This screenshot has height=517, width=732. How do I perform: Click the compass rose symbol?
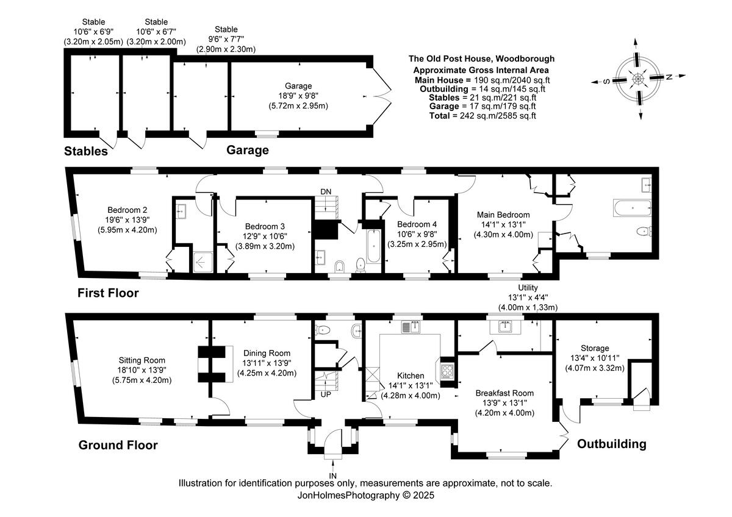[x=638, y=79]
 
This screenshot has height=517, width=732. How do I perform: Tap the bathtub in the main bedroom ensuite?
[x=630, y=208]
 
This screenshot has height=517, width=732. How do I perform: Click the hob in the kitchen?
[x=446, y=371]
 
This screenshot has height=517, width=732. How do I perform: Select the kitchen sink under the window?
[x=409, y=327]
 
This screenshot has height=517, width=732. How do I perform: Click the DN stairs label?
[x=326, y=192]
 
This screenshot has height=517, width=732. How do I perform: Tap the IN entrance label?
[x=333, y=476]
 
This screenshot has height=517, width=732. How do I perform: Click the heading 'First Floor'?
[x=108, y=293]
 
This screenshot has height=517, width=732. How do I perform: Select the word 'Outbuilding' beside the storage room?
[x=612, y=444]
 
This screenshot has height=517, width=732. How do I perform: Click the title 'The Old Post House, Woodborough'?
[x=481, y=59]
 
